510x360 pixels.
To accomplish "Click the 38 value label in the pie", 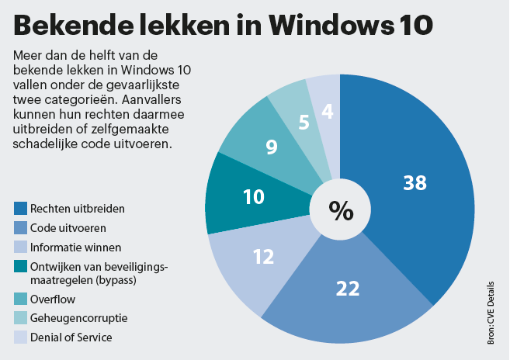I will pos(415,182).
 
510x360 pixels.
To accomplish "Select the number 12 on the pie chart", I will pos(265,256).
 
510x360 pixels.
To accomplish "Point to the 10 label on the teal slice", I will pos(254,197).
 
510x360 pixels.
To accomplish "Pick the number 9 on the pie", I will pos(271,146).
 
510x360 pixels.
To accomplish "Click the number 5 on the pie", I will pos(304,122).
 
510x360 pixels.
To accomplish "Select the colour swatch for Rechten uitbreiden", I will pos(20,208).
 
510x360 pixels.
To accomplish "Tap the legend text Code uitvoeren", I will pos(68,228).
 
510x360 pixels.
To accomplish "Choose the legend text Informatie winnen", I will pos(75,247).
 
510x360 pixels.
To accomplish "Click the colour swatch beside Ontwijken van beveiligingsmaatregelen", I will pos(20,268).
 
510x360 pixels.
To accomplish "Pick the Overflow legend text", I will pos(51,298).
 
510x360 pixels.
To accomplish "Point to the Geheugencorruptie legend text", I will pos(78,317).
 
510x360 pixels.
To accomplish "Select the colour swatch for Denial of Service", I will pos(20,337).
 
